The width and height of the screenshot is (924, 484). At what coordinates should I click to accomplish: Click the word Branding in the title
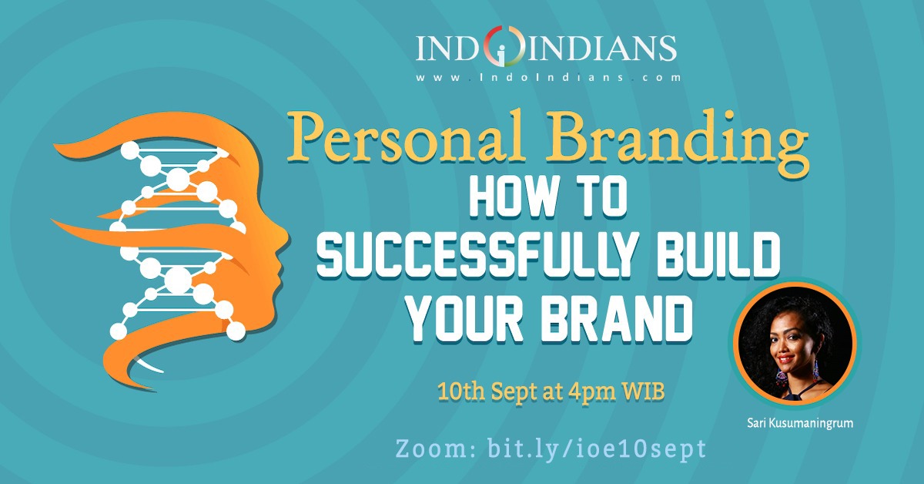click(x=677, y=143)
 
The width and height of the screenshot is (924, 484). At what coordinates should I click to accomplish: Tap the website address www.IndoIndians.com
click(x=547, y=77)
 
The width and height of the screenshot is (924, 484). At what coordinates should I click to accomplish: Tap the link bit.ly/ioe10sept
click(x=597, y=449)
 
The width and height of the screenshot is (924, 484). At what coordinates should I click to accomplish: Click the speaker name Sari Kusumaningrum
click(x=800, y=423)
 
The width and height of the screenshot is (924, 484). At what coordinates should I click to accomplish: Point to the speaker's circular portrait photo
click(x=795, y=343)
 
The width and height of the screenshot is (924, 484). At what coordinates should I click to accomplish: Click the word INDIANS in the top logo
click(x=602, y=49)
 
